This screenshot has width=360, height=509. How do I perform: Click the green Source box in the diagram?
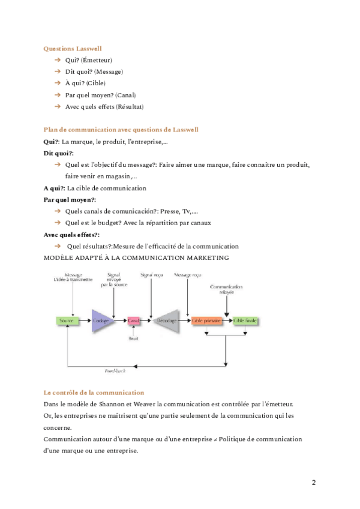point(66,321)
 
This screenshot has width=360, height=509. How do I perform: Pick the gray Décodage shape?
point(166,321)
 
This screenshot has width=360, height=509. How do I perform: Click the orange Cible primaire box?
point(206,321)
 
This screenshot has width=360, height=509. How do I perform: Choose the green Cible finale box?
point(245,321)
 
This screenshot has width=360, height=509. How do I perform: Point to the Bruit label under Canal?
point(133,340)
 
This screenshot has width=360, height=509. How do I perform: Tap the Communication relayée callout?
point(226,289)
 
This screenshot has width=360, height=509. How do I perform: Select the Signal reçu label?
point(151,275)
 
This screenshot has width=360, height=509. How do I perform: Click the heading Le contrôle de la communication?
point(94,392)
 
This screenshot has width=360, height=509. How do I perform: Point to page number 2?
point(314,483)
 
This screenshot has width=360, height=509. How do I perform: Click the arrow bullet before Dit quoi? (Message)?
point(57,71)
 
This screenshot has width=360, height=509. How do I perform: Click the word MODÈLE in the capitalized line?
point(60,258)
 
